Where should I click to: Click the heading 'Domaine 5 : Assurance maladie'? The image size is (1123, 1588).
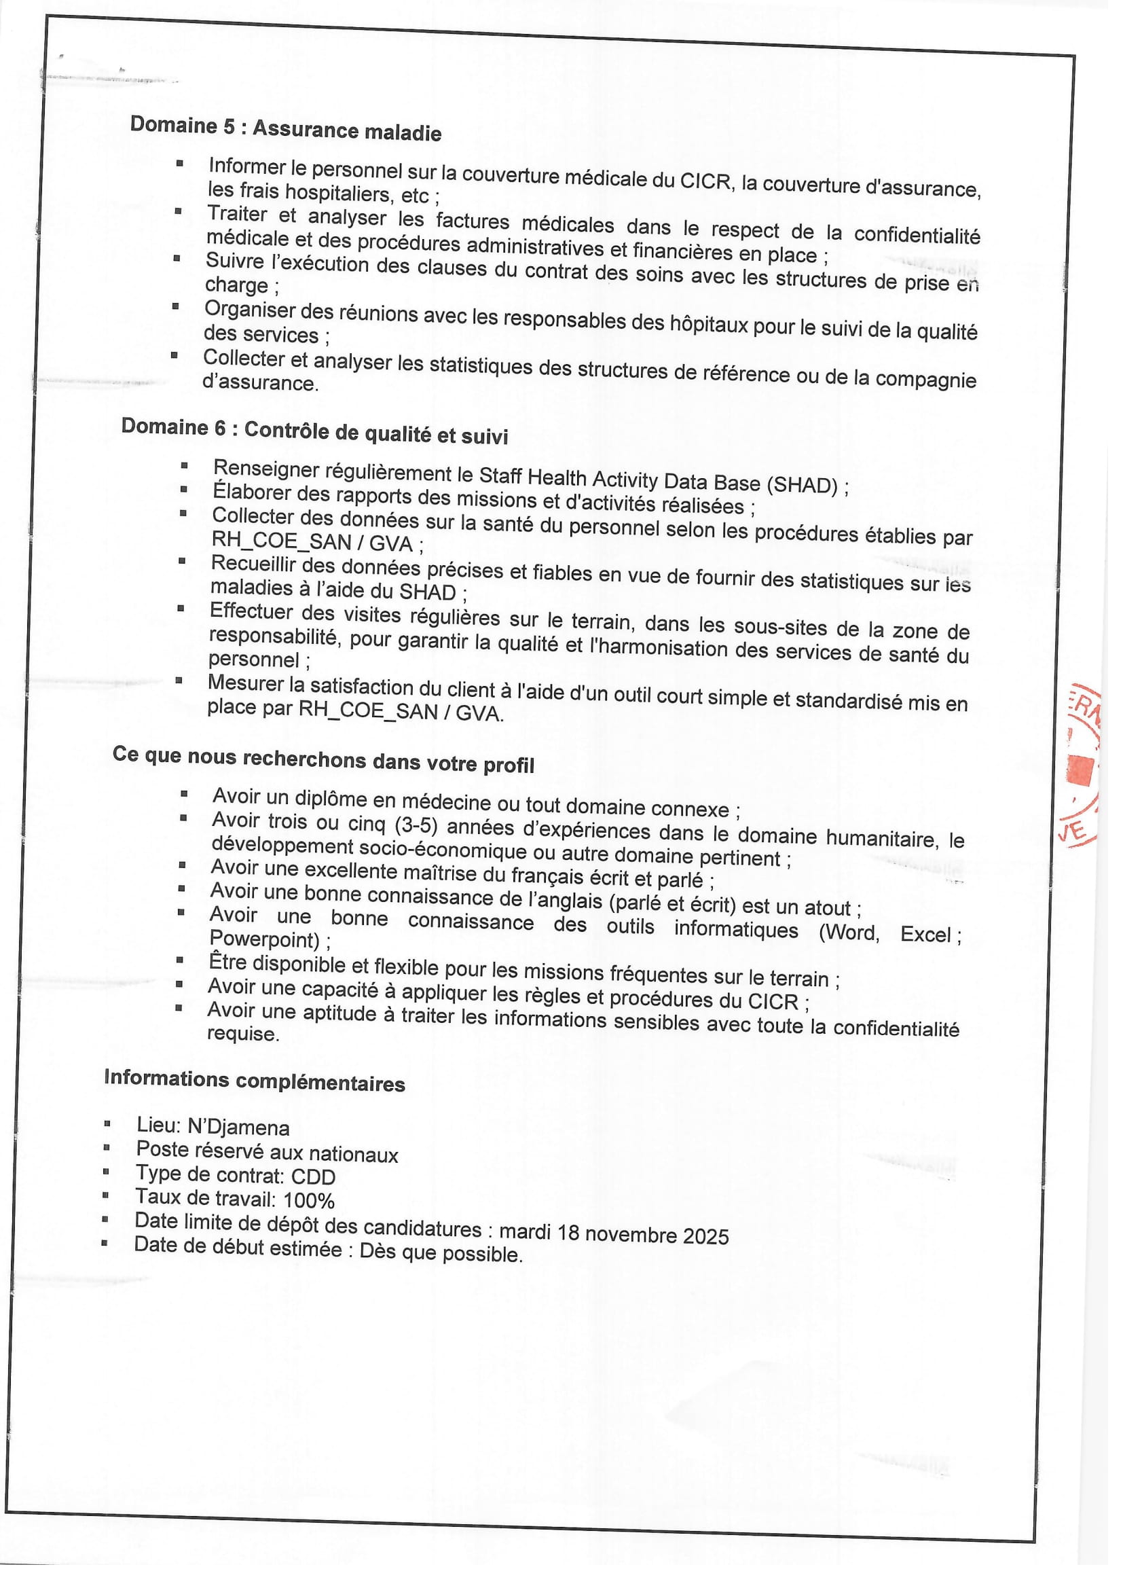tap(286, 128)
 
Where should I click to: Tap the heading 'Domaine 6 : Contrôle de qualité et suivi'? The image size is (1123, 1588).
tap(314, 431)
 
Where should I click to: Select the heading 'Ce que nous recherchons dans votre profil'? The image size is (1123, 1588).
tap(324, 759)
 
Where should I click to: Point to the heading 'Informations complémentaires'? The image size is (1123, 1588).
tap(255, 1081)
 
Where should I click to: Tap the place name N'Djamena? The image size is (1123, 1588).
tap(238, 1127)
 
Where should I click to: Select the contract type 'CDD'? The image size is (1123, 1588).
tap(313, 1176)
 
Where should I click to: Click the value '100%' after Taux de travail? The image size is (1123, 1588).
tap(309, 1200)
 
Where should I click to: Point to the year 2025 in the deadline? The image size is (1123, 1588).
tap(706, 1236)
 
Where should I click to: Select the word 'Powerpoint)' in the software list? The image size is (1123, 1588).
tap(264, 939)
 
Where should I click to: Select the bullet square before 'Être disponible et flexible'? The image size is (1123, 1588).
tap(180, 960)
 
